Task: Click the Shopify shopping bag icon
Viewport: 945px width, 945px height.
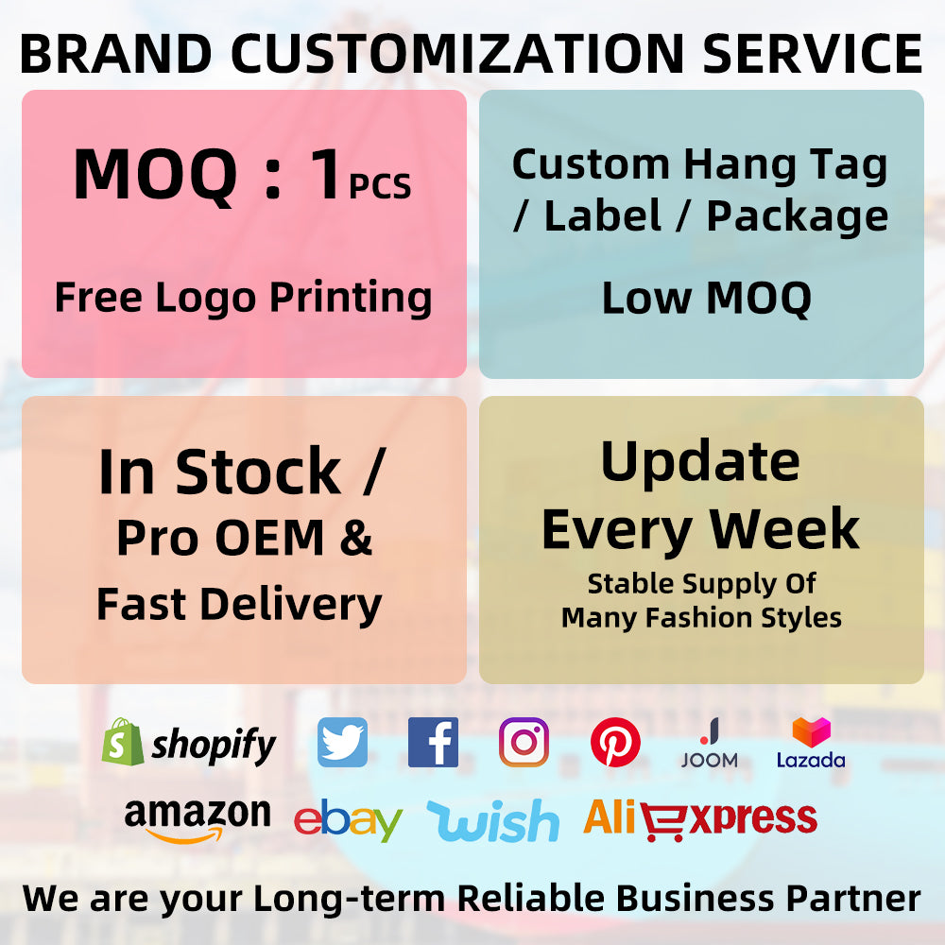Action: click(x=123, y=742)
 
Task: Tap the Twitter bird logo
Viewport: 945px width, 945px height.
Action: click(x=342, y=742)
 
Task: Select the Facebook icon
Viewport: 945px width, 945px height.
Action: click(x=433, y=742)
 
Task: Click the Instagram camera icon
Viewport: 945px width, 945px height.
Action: click(x=524, y=742)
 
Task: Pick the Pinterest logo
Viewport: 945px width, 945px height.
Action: click(x=615, y=742)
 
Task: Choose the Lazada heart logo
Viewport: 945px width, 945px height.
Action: click(x=811, y=732)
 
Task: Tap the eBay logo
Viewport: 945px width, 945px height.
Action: click(x=348, y=819)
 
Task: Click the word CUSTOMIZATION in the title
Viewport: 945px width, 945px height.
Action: click(x=457, y=53)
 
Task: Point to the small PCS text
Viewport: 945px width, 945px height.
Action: click(x=380, y=186)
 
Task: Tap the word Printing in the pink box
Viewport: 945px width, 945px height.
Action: click(x=351, y=299)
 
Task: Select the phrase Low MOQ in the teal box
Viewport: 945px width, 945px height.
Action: click(x=707, y=299)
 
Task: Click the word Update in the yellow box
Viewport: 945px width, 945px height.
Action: click(x=700, y=463)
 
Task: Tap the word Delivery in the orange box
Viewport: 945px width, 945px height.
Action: click(x=291, y=605)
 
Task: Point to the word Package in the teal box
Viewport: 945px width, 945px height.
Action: click(x=798, y=217)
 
